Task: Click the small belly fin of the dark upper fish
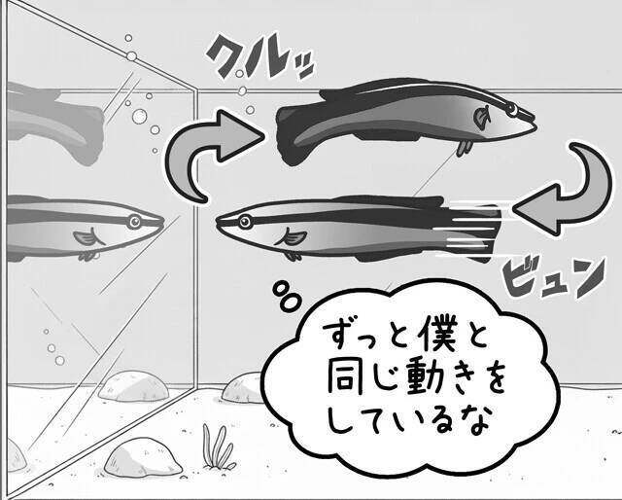coord(466,147)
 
